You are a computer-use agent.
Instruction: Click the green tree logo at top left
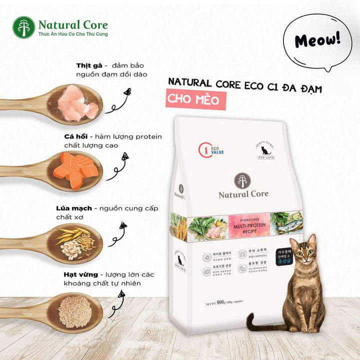23,27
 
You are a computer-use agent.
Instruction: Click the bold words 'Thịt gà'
89,65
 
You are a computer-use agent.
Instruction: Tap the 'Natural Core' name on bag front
243,193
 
